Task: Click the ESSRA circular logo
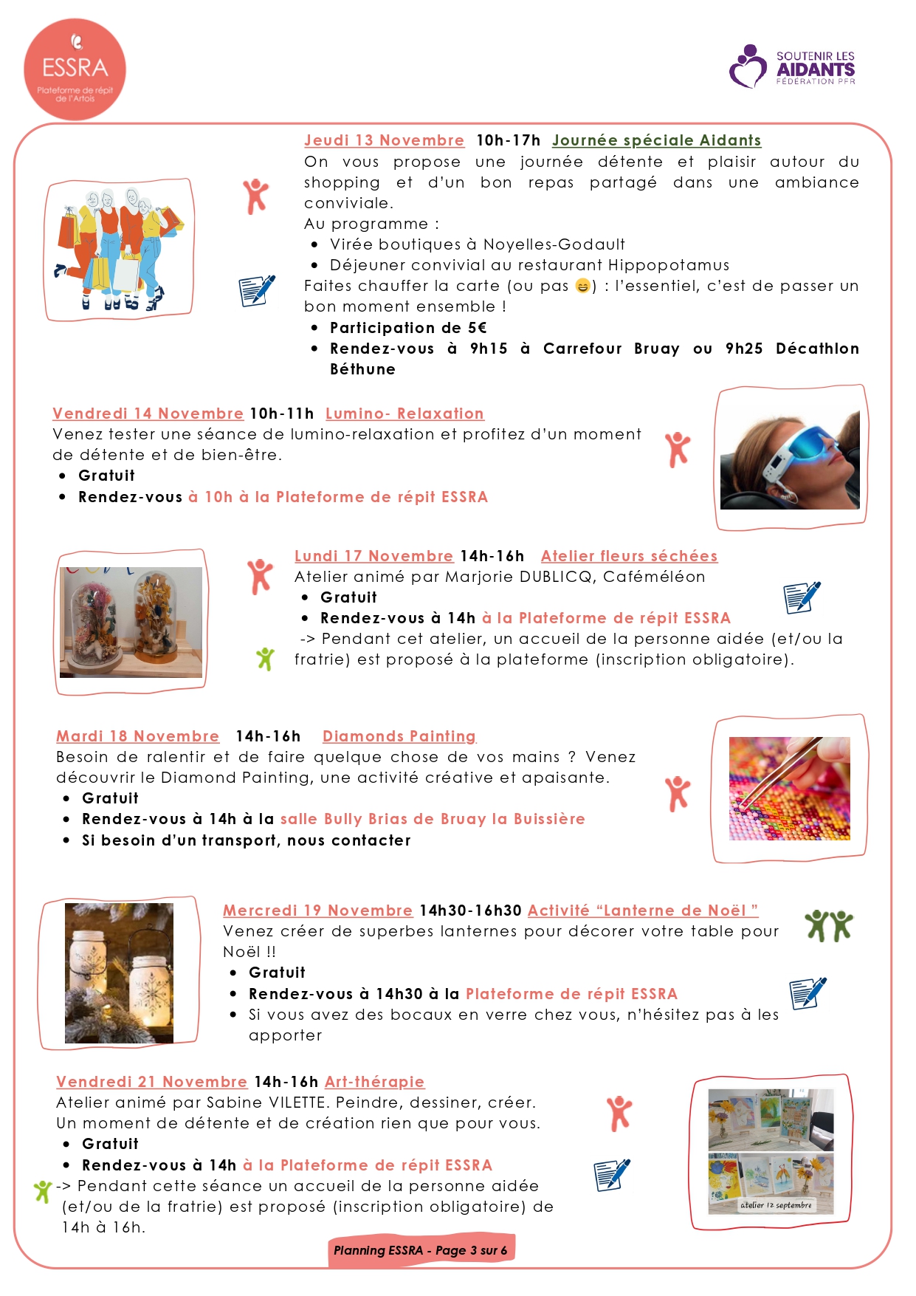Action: pos(75,69)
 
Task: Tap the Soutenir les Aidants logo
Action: pos(791,67)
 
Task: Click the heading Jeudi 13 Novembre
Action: pos(384,140)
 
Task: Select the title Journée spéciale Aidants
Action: pos(656,140)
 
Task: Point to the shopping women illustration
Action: pos(119,249)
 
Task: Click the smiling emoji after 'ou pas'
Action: pos(582,286)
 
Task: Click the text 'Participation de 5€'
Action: pos(408,328)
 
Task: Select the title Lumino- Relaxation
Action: pos(404,414)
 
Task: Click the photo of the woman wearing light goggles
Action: pos(790,458)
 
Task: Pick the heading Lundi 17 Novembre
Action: pos(373,556)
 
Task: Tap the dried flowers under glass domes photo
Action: pos(131,622)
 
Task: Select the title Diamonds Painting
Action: pos(399,736)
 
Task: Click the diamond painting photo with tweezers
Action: pos(789,788)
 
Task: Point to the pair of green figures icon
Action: pos(828,925)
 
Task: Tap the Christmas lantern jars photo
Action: pos(119,973)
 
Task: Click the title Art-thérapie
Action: pos(374,1082)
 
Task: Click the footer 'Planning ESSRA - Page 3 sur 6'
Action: pos(421,1250)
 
